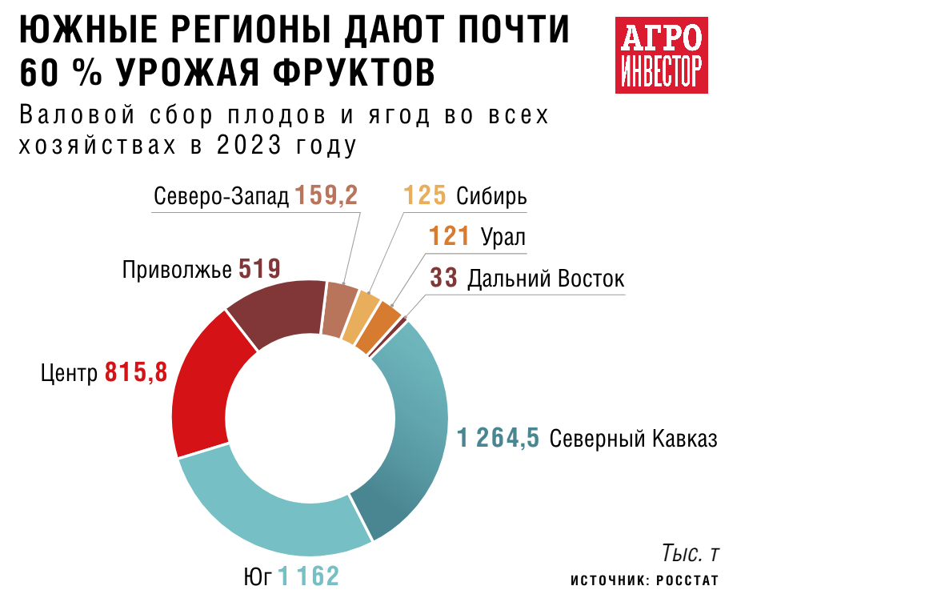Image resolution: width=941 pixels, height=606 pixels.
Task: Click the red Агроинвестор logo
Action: [x=661, y=54]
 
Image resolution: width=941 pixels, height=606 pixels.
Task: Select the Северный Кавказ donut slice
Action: [x=415, y=432]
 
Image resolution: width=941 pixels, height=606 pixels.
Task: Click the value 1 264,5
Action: [x=498, y=439]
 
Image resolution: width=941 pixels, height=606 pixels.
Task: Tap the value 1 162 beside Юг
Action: [x=309, y=576]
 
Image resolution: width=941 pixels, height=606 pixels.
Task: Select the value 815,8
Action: [x=136, y=372]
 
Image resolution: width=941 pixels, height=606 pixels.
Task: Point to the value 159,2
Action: [x=326, y=196]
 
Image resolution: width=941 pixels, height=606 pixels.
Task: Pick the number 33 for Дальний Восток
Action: [x=443, y=279]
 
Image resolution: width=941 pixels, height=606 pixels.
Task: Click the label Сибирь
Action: [x=491, y=196]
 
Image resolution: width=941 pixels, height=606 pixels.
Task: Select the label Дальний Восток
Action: [x=545, y=279]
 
